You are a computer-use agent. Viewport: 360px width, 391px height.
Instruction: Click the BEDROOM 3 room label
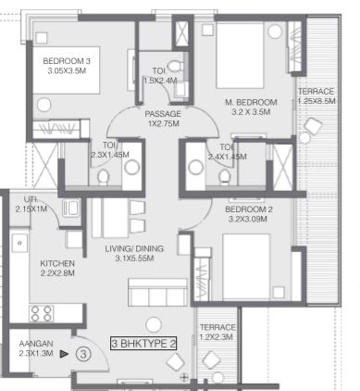point(67,61)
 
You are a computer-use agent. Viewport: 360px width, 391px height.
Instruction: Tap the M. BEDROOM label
point(251,102)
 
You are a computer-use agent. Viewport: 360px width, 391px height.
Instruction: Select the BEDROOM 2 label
point(249,209)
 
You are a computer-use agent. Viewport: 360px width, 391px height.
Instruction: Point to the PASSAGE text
point(163,114)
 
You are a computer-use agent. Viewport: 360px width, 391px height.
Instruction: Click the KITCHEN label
point(57,263)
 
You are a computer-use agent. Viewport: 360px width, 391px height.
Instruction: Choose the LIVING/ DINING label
point(134,248)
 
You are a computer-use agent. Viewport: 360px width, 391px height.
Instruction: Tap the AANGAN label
point(36,344)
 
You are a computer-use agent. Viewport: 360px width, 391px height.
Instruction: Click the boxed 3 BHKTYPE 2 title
point(143,344)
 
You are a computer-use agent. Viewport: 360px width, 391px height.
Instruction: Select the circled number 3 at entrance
point(83,354)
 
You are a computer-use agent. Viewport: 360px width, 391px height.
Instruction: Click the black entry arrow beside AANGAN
point(64,354)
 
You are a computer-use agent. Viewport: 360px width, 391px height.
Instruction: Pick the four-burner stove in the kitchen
point(41,313)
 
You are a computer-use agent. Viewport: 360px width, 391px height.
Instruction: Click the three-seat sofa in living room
point(157,292)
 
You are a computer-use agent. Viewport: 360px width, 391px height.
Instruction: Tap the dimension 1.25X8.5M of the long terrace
point(317,101)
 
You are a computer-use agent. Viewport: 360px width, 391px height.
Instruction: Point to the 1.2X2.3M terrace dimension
point(217,337)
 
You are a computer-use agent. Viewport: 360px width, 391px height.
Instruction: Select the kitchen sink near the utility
point(19,243)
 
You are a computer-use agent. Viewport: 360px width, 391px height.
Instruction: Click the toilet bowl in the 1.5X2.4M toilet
point(175,66)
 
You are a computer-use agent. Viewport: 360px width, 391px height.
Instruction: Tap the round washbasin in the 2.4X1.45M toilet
point(195,167)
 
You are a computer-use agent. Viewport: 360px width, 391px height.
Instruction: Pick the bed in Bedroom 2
point(246,266)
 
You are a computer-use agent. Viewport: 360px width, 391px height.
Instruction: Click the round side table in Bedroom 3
point(43,105)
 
